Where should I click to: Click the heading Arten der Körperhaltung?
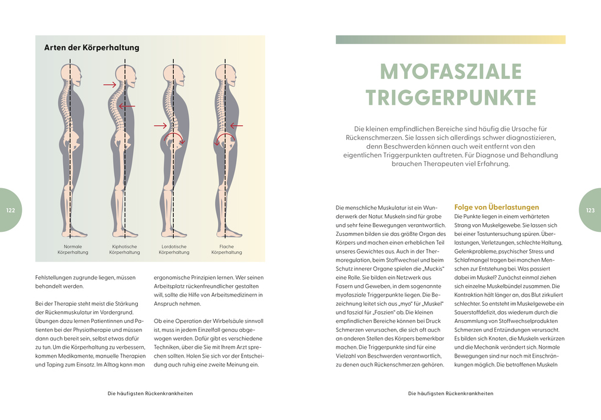tap(91, 48)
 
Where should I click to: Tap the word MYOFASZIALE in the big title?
tap(450, 72)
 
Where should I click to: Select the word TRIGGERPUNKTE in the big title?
tap(450, 98)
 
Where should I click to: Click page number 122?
tap(11, 211)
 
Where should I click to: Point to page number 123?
tap(590, 211)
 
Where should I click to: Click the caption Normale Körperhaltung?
tap(72, 249)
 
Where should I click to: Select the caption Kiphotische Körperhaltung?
tap(124, 249)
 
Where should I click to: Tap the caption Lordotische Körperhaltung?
tap(174, 249)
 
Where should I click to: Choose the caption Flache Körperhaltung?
tap(226, 249)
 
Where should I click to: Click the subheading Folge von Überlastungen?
tap(497, 207)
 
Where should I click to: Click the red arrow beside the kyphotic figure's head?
tap(110, 85)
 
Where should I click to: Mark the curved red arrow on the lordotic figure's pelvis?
tap(173, 137)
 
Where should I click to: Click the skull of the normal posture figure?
tap(70, 74)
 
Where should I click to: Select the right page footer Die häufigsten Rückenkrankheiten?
tap(450, 394)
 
